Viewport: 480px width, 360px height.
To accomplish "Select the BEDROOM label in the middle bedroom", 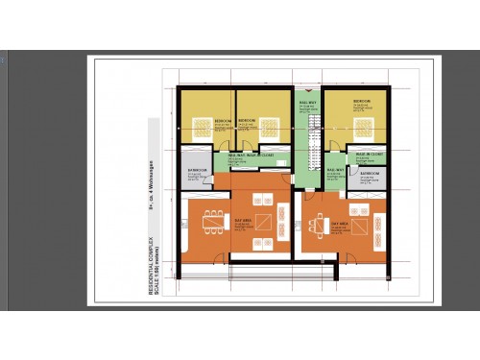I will point(246,119).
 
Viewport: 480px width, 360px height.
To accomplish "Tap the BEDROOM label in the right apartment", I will point(361,101).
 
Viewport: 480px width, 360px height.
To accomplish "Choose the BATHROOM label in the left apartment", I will point(194,169).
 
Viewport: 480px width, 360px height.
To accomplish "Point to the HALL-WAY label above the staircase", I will point(308,101).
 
